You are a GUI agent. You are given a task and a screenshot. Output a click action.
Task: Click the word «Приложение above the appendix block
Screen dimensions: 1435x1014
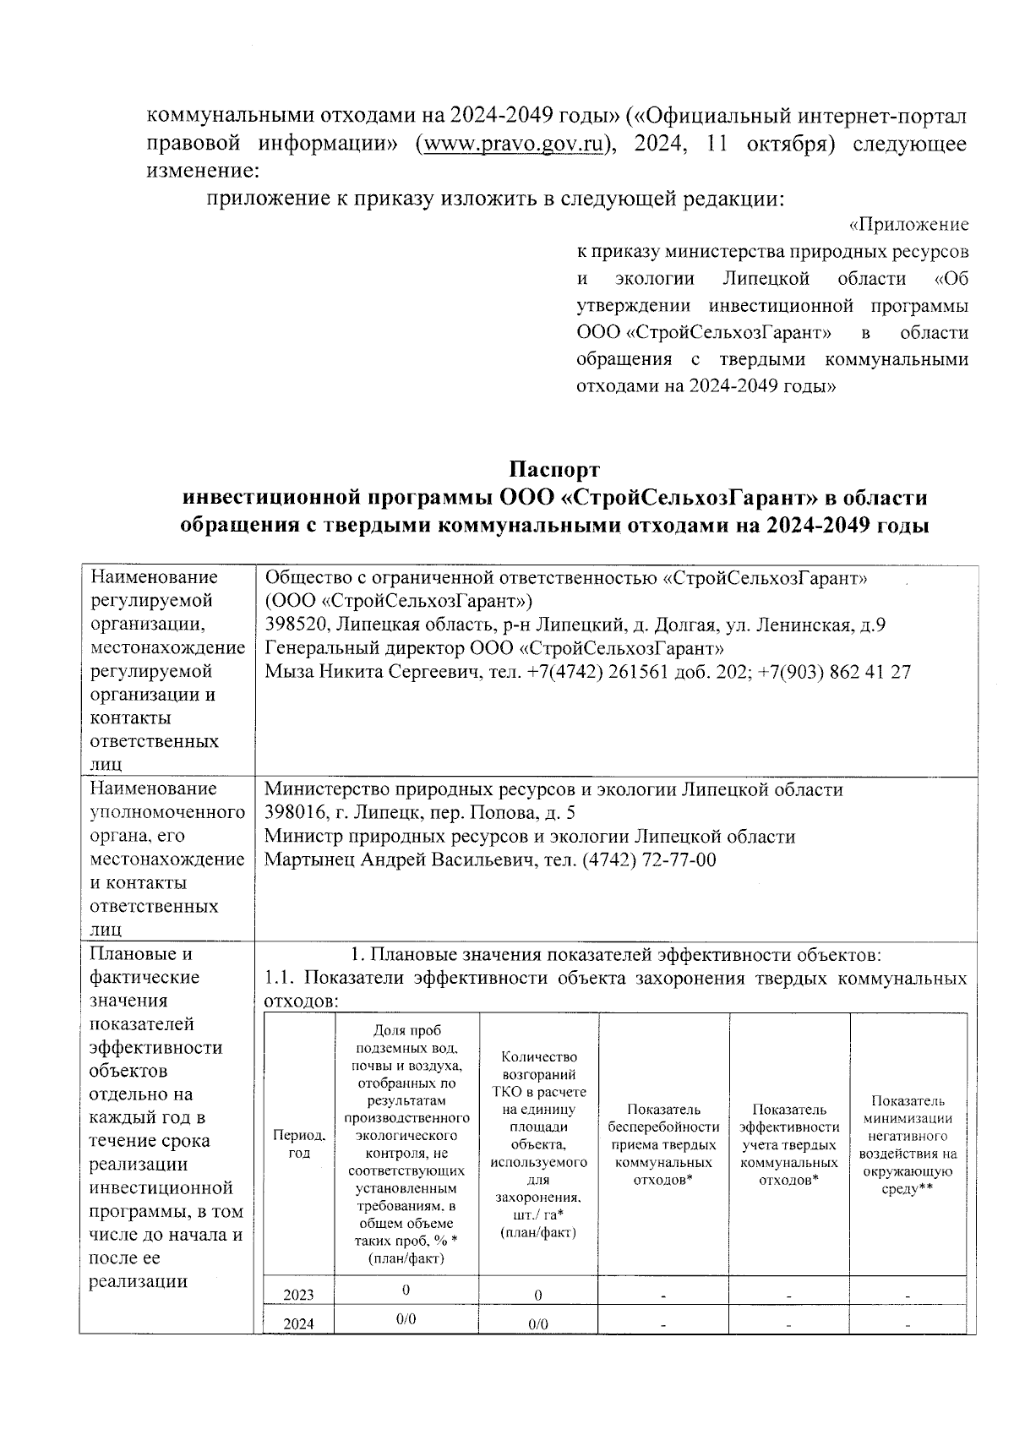[908, 226]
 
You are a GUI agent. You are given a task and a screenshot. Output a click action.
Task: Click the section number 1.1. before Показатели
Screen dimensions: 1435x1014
[280, 979]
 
